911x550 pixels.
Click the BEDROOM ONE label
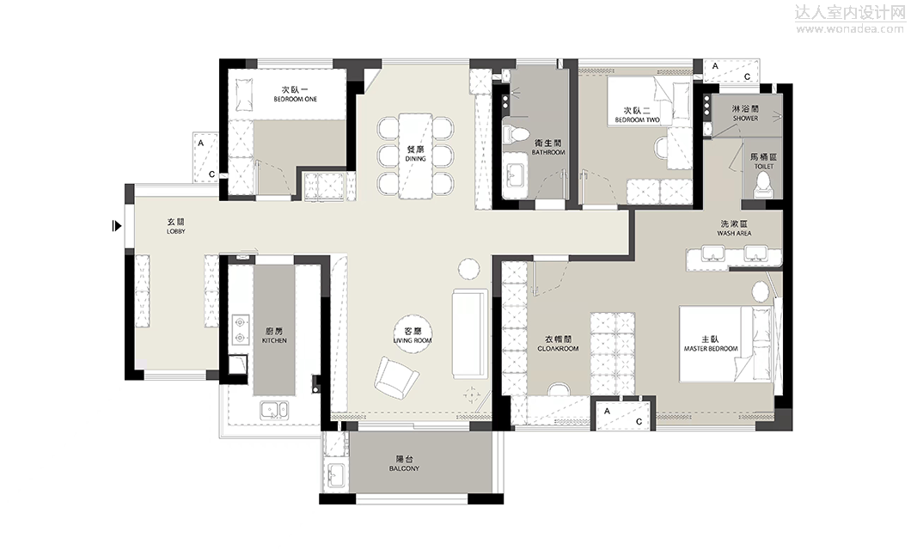click(x=295, y=100)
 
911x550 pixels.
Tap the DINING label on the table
click(x=415, y=158)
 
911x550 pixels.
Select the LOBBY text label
click(x=176, y=231)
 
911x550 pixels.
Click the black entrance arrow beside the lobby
click(x=117, y=226)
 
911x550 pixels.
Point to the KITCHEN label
click(x=274, y=340)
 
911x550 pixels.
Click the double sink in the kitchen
click(x=274, y=410)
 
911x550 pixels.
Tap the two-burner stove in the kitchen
click(x=240, y=329)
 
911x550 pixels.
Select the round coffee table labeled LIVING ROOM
click(x=413, y=335)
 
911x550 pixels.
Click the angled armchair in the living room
click(x=396, y=378)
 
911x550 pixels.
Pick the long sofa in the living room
click(x=470, y=333)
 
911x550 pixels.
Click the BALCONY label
click(x=404, y=468)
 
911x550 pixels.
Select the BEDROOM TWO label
click(x=638, y=120)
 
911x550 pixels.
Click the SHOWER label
click(x=745, y=119)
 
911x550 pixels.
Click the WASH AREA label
click(x=734, y=234)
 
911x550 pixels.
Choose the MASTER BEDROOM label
click(x=711, y=349)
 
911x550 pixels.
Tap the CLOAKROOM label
click(x=558, y=349)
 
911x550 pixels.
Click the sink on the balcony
click(x=336, y=475)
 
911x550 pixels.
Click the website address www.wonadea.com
click(x=850, y=28)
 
